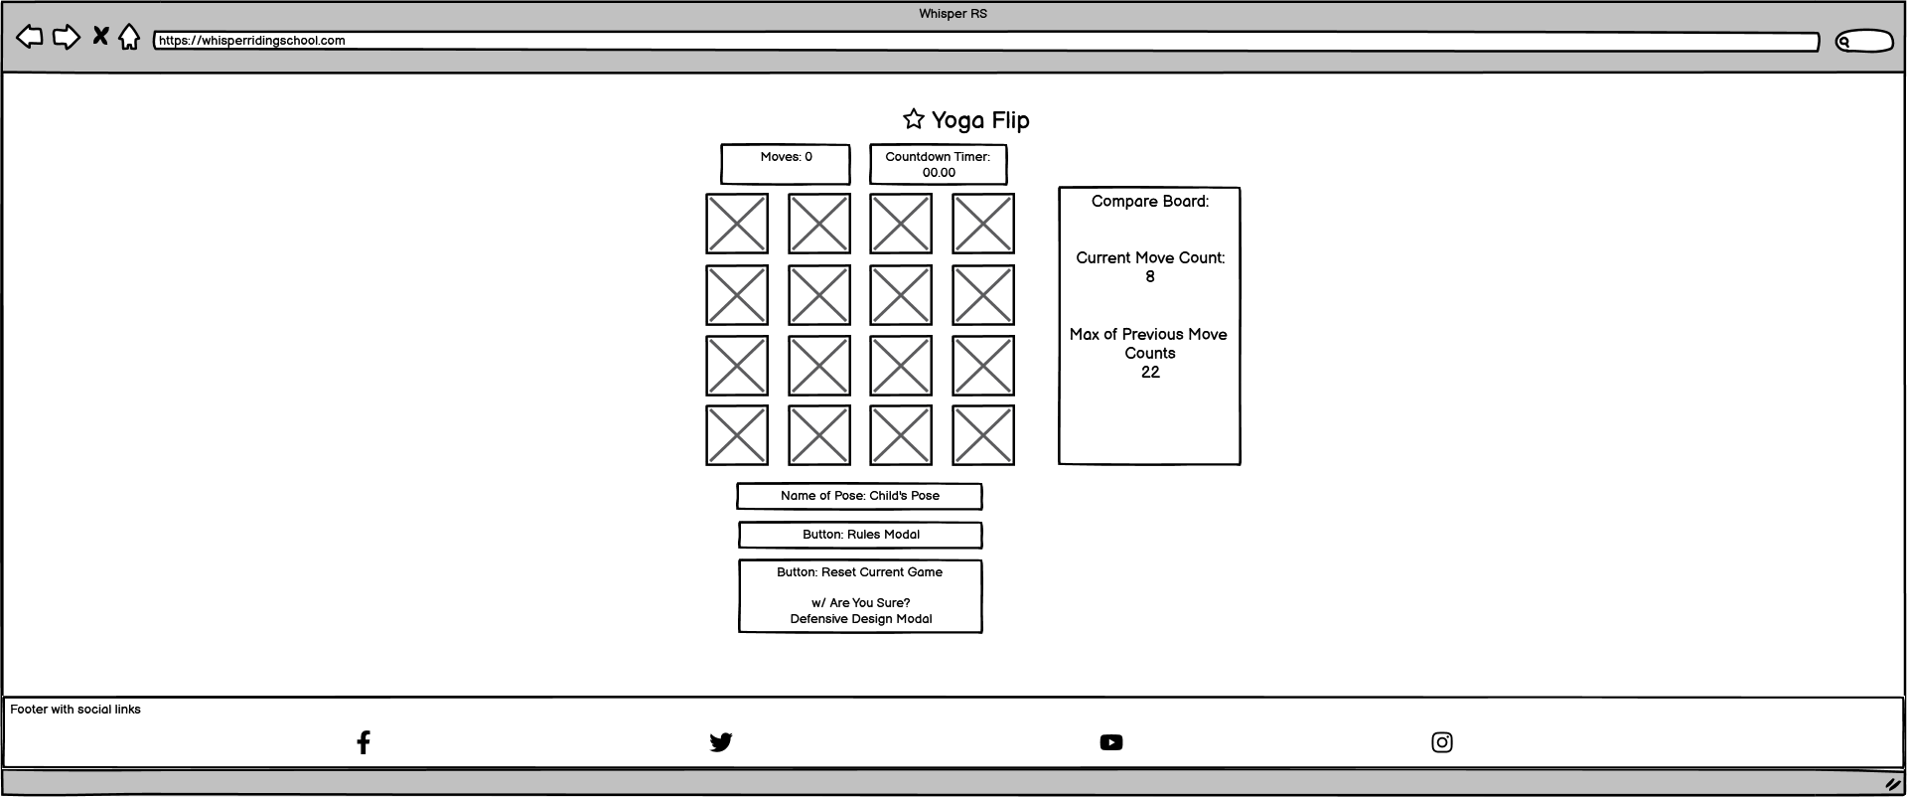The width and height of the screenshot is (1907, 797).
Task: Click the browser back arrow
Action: coord(30,38)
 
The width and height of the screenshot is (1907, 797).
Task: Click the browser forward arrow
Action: coord(66,38)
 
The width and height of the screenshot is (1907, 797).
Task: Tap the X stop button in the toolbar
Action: coord(100,37)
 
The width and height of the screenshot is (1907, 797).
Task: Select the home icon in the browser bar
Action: coord(129,38)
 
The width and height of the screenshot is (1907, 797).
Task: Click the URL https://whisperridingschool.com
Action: coord(252,41)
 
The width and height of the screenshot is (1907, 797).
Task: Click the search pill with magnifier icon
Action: coord(1863,42)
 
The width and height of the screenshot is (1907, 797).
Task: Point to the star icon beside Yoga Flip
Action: coord(914,119)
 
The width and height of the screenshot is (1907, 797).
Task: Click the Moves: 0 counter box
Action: coord(786,164)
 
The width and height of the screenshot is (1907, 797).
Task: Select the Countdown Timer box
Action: coord(938,164)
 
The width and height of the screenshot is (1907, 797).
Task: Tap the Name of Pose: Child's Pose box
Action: coord(859,496)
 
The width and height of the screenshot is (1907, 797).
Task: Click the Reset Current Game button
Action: coord(860,595)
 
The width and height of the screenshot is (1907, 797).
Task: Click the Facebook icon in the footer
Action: coord(364,742)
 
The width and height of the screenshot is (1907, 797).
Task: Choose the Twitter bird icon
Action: coord(721,742)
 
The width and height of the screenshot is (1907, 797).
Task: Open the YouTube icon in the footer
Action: coord(1111,742)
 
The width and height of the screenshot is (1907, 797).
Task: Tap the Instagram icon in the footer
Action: coord(1442,742)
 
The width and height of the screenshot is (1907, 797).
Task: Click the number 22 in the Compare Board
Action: coord(1150,373)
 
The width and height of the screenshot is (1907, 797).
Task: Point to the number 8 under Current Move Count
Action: coord(1150,277)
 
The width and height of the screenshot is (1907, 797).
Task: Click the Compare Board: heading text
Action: coord(1150,202)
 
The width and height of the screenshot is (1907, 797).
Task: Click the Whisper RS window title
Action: coord(953,14)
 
